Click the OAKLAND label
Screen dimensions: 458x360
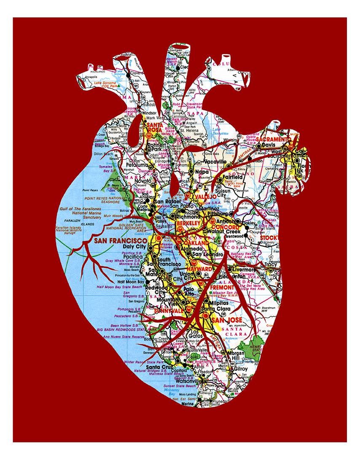pyautogui.click(x=195, y=243)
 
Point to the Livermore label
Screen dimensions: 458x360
pyautogui.click(x=244, y=269)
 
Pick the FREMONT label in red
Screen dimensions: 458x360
pyautogui.click(x=222, y=287)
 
